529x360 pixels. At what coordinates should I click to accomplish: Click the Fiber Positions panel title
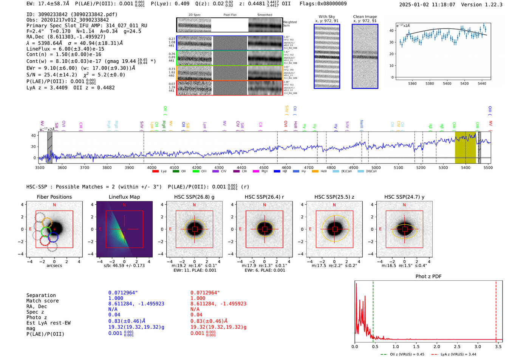tap(54, 197)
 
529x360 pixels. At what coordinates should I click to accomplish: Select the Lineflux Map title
tap(124, 197)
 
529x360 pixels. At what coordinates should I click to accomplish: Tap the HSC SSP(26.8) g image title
tap(194, 197)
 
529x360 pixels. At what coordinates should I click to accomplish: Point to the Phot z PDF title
tap(428, 277)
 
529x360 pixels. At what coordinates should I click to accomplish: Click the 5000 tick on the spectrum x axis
tap(376, 168)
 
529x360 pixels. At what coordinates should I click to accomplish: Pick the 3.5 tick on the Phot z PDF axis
tap(498, 346)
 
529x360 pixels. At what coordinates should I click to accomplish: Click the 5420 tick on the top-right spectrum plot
tap(464, 83)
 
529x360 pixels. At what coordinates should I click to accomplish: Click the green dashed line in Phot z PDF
tap(373, 310)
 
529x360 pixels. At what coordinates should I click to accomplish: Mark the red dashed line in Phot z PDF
tap(496, 310)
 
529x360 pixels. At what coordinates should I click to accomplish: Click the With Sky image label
tap(327, 17)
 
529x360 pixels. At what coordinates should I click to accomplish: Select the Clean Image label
tap(365, 17)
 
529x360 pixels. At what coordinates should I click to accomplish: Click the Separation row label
tap(41, 295)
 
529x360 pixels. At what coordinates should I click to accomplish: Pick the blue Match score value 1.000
tap(116, 298)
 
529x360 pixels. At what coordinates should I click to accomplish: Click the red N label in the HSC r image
tap(264, 205)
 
